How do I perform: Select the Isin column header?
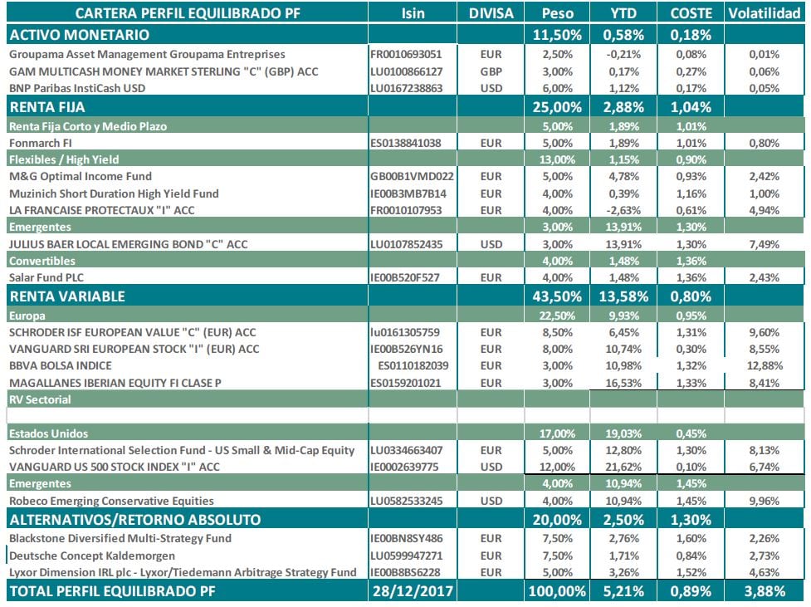click(413, 14)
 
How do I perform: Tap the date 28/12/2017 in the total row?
click(413, 591)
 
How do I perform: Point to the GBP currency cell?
click(491, 71)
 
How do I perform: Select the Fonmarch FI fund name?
click(42, 142)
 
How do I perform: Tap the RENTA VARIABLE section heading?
click(66, 296)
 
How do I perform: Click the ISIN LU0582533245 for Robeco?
click(412, 501)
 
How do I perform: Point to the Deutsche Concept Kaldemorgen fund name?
click(93, 556)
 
